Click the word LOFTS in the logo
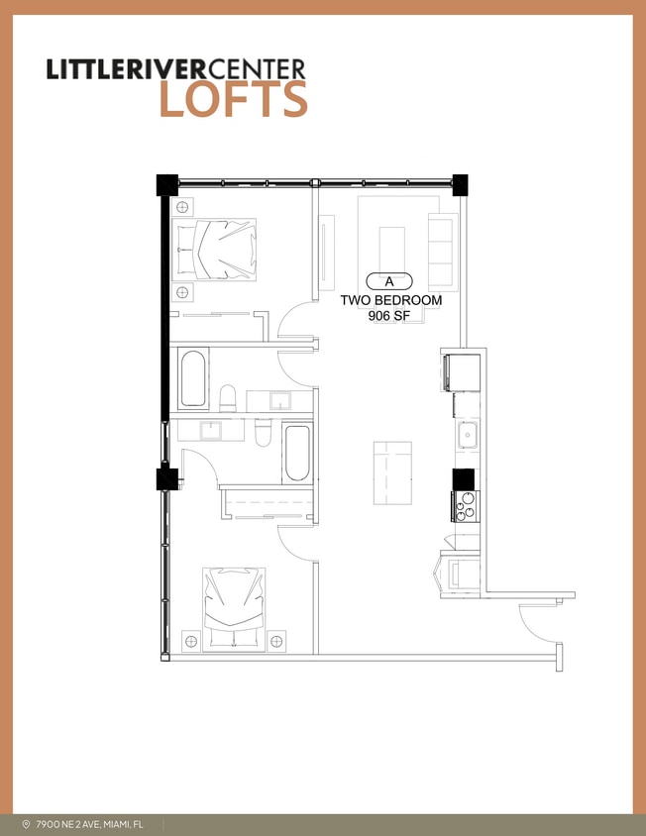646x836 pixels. (233, 100)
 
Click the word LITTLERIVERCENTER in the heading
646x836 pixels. (176, 68)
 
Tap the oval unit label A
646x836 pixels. (389, 281)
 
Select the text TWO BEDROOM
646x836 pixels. (391, 300)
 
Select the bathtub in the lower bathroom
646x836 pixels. (296, 453)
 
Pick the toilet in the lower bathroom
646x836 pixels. (263, 433)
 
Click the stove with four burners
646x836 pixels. (465, 506)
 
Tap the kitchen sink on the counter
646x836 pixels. (467, 434)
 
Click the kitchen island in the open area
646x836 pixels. (391, 473)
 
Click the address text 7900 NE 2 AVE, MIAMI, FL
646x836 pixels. (92, 824)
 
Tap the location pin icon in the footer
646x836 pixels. (26, 824)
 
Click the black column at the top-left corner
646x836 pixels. (166, 184)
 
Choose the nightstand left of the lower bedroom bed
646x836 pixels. (191, 641)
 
